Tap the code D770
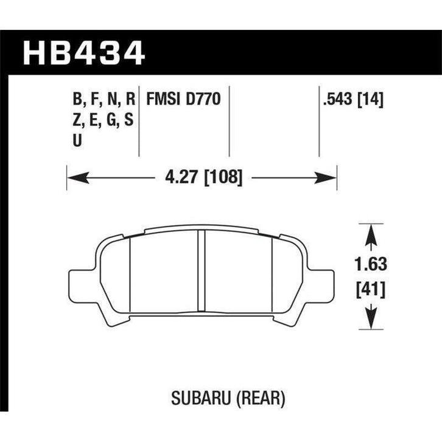203,99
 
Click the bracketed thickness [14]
371,99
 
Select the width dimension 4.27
180,178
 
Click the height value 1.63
370,264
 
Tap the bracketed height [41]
370,289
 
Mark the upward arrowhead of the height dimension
370,231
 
